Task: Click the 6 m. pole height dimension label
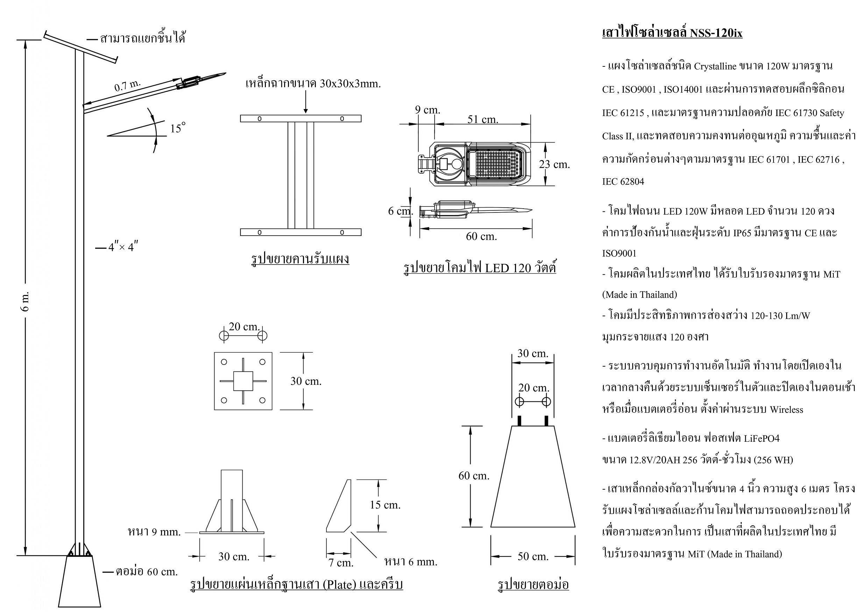pyautogui.click(x=26, y=301)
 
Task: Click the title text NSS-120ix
pyautogui.click(x=716, y=33)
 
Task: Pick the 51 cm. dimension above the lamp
pyautogui.click(x=483, y=120)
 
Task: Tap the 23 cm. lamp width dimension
pyautogui.click(x=554, y=164)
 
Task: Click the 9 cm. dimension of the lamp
pyautogui.click(x=428, y=109)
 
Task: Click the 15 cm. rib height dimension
pyautogui.click(x=385, y=505)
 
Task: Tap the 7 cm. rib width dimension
pyautogui.click(x=341, y=563)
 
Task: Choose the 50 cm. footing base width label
pyautogui.click(x=533, y=556)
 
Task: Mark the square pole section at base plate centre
pyautogui.click(x=243, y=381)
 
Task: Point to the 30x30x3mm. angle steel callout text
pyautogui.click(x=350, y=84)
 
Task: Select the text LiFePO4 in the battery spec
pyautogui.click(x=761, y=438)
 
